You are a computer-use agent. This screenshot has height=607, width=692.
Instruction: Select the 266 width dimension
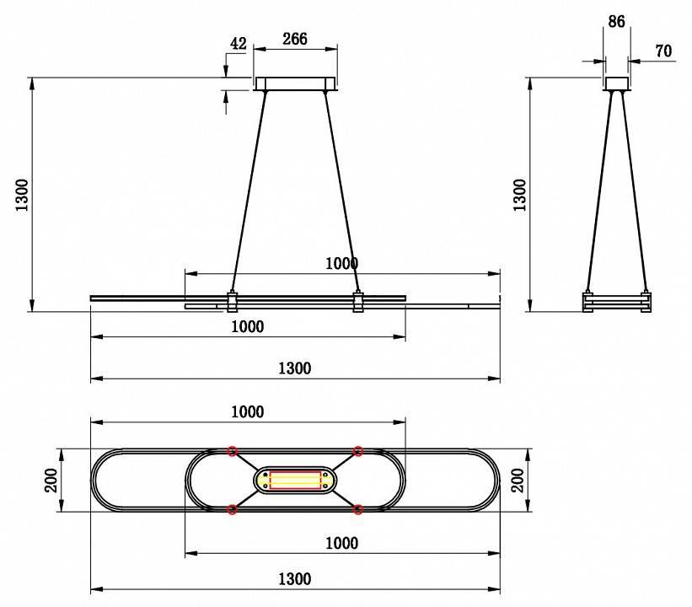295,39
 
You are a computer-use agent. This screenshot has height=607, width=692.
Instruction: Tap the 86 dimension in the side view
616,21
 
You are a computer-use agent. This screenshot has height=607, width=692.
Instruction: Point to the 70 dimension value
663,51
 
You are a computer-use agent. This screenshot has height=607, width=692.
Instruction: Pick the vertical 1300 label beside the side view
519,195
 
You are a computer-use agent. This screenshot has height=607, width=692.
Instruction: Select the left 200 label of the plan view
51,481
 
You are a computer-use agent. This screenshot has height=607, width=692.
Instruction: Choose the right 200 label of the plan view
518,481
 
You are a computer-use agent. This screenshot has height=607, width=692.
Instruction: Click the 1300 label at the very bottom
294,578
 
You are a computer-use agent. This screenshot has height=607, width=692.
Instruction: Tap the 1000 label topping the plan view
247,411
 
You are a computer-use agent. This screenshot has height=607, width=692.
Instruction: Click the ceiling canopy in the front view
295,83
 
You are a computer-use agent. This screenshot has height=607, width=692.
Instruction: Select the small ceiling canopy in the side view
616,83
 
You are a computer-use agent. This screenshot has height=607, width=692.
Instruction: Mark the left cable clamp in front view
232,302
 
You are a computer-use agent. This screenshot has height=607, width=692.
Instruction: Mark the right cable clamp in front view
358,302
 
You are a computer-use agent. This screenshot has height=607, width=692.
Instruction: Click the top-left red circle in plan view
232,452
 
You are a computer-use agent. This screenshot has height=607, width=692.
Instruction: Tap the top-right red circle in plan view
358,452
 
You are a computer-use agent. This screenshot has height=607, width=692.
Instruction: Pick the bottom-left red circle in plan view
232,509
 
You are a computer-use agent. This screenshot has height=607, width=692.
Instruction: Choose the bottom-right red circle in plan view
358,509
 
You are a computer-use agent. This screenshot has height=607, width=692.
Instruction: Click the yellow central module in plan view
295,481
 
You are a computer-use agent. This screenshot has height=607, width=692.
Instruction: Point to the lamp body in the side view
616,302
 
